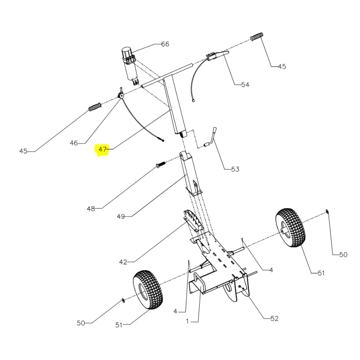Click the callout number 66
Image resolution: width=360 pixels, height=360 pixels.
[165, 44]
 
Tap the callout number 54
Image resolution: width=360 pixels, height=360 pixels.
[245, 85]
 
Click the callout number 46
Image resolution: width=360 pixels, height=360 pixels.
[74, 143]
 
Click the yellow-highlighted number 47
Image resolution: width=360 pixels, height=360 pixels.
[103, 149]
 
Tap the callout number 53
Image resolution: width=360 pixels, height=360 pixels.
[235, 170]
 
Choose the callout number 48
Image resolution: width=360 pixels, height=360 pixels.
[91, 208]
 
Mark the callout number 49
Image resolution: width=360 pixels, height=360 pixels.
[121, 216]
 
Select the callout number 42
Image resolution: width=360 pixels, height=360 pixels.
[123, 261]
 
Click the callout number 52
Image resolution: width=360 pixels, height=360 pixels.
[274, 319]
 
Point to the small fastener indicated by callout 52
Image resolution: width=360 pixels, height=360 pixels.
[241, 288]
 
